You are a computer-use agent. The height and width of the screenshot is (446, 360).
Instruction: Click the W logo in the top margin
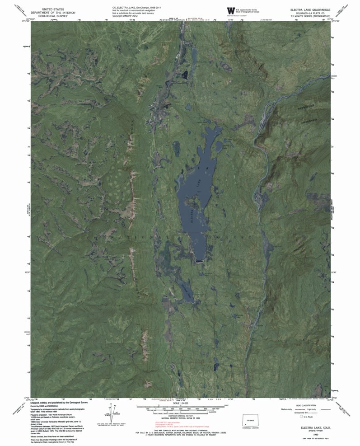coord(231,10)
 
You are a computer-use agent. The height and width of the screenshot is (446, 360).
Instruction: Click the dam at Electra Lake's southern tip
coord(200,261)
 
